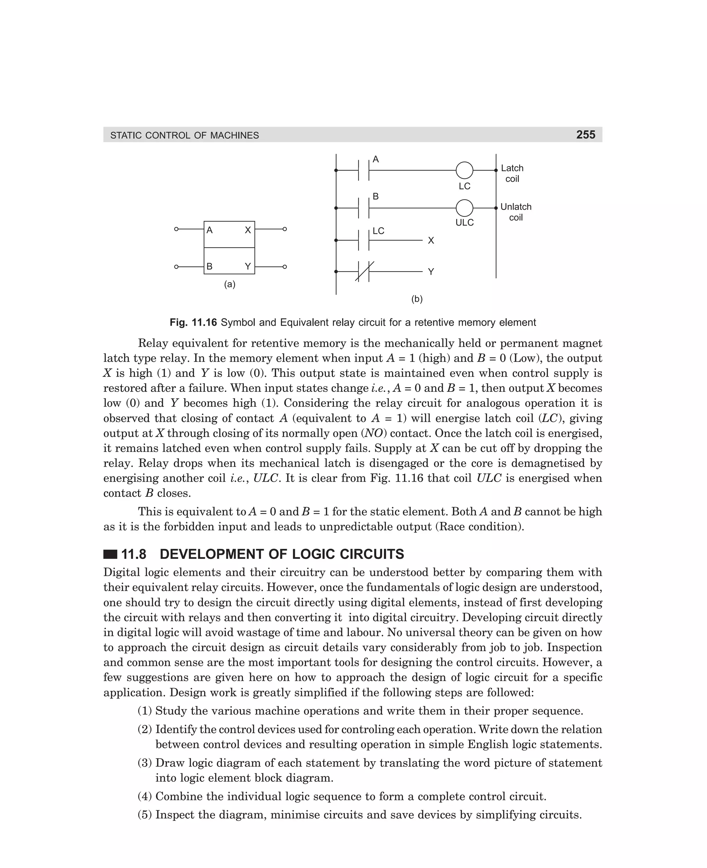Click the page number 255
pyautogui.click(x=585, y=135)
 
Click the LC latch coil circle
pyautogui.click(x=464, y=170)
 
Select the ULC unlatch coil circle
pyautogui.click(x=464, y=208)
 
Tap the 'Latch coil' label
pyautogui.click(x=512, y=173)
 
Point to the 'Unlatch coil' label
pyautogui.click(x=516, y=212)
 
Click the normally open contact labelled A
pyautogui.click(x=364, y=170)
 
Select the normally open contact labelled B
pyautogui.click(x=364, y=208)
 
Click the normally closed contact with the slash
pyautogui.click(x=364, y=272)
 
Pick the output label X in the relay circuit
pyautogui.click(x=431, y=241)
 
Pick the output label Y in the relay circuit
pyautogui.click(x=431, y=272)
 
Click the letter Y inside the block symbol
pyautogui.click(x=248, y=267)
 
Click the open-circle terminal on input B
pyautogui.click(x=176, y=267)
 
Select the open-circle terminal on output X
pyautogui.click(x=285, y=229)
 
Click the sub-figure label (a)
pyautogui.click(x=230, y=285)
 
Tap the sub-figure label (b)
pyautogui.click(x=417, y=299)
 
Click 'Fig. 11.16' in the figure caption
pyautogui.click(x=193, y=323)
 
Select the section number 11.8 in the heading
pyautogui.click(x=134, y=554)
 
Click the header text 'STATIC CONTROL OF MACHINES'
pyautogui.click(x=184, y=136)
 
